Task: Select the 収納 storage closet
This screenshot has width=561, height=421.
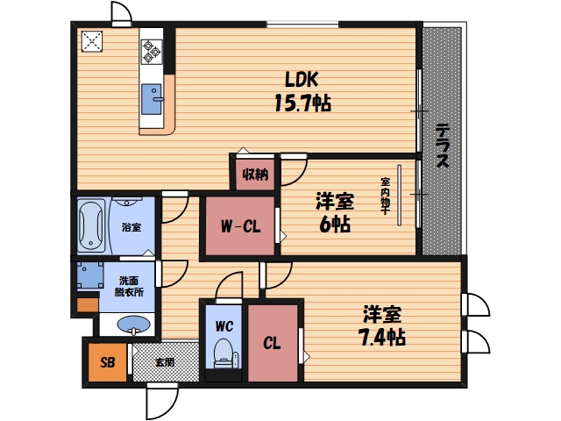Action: pyautogui.click(x=256, y=173)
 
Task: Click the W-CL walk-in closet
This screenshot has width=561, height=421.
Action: pyautogui.click(x=239, y=227)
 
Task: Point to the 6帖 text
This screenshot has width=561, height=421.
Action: pyautogui.click(x=334, y=225)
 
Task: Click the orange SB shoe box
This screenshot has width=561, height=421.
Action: pyautogui.click(x=107, y=362)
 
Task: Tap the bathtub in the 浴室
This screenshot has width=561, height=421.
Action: pyautogui.click(x=91, y=225)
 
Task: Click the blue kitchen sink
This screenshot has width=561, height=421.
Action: pyautogui.click(x=151, y=98)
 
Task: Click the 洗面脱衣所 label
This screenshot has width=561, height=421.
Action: pyautogui.click(x=130, y=286)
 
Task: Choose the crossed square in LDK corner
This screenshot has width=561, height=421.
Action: pyautogui.click(x=91, y=42)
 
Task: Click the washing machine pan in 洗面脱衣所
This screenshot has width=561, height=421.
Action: pyautogui.click(x=91, y=277)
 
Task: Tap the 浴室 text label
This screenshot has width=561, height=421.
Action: pyautogui.click(x=131, y=226)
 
